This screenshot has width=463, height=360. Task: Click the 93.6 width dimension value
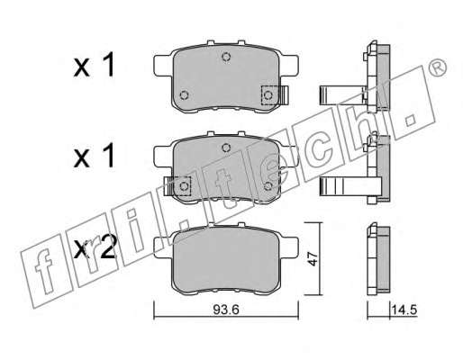(x=226, y=310)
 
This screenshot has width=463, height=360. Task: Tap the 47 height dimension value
(x=313, y=258)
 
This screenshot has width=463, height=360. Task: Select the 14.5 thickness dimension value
(x=404, y=310)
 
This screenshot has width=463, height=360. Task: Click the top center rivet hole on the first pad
(x=226, y=57)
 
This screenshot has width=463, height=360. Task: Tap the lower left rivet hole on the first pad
(x=184, y=95)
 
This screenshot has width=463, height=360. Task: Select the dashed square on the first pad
(x=269, y=95)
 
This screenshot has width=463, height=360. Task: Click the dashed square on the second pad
(x=183, y=186)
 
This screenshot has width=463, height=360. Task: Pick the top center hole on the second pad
(x=226, y=148)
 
